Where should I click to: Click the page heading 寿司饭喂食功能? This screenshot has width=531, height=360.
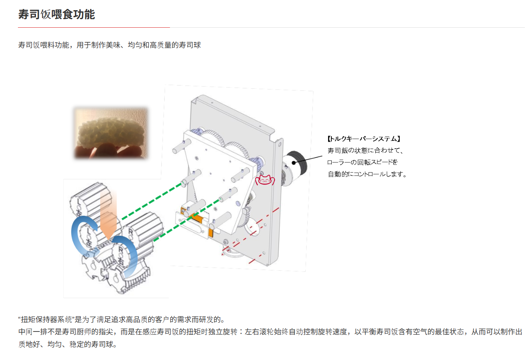pos(57,15)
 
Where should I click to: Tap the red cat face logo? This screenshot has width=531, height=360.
pos(264,180)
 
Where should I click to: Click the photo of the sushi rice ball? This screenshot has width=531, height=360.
pos(110,132)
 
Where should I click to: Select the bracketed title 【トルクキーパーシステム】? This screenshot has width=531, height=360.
pos(361,139)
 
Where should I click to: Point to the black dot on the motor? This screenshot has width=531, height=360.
pos(294,162)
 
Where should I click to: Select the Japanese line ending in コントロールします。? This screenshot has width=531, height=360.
pos(367,174)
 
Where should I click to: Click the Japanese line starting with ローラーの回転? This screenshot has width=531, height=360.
pos(363,162)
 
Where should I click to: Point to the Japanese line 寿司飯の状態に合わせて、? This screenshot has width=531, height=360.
pos(365,151)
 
